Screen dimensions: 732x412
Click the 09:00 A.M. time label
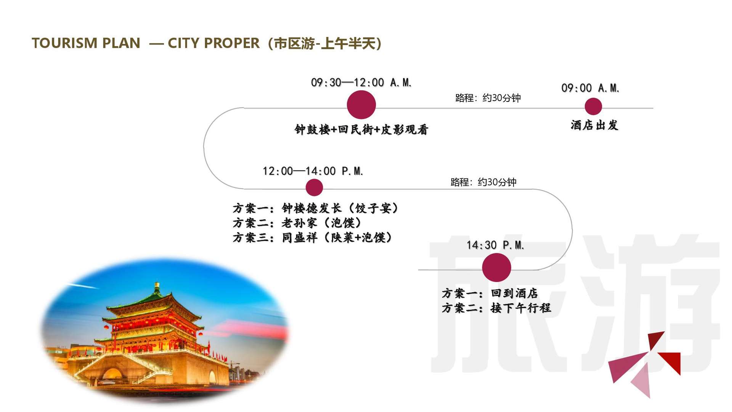[x=590, y=88]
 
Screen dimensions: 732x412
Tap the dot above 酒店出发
[x=593, y=106]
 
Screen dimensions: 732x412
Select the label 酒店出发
[x=594, y=125]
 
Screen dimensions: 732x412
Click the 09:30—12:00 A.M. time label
[x=361, y=82]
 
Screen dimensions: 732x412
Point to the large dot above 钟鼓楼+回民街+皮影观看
[x=361, y=105]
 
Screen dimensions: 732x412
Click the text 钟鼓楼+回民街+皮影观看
[x=361, y=130]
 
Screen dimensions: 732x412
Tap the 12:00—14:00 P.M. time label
[x=313, y=171]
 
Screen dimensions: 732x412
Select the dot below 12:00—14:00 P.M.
[x=314, y=188]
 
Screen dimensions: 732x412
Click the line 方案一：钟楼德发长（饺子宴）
[x=316, y=208]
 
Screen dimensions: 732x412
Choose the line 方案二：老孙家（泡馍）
[x=297, y=223]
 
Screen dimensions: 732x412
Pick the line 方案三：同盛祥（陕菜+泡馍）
[x=313, y=238]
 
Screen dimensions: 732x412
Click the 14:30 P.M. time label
[x=495, y=245]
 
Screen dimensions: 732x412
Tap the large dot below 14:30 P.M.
[x=496, y=267]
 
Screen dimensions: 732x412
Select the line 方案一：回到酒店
[x=490, y=293]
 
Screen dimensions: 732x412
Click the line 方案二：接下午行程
[x=496, y=308]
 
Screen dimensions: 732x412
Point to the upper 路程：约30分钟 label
[x=488, y=98]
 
